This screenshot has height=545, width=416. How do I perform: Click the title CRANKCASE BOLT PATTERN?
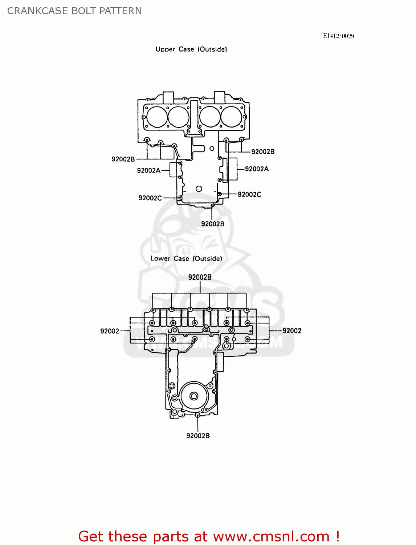coord(74,11)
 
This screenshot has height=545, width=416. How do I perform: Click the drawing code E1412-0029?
coord(338,36)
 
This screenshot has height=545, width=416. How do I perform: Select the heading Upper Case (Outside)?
coord(191,49)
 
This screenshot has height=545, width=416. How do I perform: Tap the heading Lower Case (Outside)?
coord(186,259)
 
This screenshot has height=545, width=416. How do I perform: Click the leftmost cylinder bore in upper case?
coord(156,117)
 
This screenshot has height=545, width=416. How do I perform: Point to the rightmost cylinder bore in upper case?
coord(232,117)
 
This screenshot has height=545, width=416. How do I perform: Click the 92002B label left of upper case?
coord(123,159)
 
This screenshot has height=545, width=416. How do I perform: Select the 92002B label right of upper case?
coord(263,152)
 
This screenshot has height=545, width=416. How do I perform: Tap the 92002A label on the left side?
coord(148,170)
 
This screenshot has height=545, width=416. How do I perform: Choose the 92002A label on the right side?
coord(257,169)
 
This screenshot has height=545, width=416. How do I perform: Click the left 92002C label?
coord(150,198)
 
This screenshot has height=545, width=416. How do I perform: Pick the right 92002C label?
coord(249,194)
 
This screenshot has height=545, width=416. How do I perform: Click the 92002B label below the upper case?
coord(213,224)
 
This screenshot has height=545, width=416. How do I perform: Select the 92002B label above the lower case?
coord(200,277)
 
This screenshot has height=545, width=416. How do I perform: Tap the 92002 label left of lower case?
coord(109,331)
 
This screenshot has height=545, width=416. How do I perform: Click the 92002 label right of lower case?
coord(292,331)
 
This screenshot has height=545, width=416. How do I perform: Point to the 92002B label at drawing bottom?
coord(198,436)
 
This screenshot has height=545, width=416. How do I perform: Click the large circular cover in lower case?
coord(194,396)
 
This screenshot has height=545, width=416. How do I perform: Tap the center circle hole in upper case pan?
coord(199,189)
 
